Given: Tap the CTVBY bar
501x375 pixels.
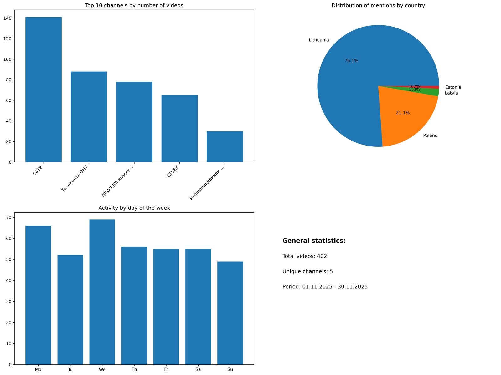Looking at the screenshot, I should pyautogui.click(x=179, y=129).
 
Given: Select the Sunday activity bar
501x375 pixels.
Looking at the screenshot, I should pyautogui.click(x=230, y=313).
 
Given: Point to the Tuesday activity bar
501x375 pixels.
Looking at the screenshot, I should pyautogui.click(x=70, y=310).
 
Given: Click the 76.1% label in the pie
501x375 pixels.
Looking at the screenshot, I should pyautogui.click(x=351, y=61).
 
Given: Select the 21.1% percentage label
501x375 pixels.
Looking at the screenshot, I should pyautogui.click(x=403, y=113).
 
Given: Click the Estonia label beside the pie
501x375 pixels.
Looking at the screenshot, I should pyautogui.click(x=453, y=87).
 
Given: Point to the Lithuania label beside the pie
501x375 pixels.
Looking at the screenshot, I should pyautogui.click(x=319, y=40).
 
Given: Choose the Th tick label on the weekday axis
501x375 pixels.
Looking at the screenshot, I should pyautogui.click(x=134, y=370).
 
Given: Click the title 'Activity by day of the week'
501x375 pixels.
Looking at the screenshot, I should pyautogui.click(x=134, y=208).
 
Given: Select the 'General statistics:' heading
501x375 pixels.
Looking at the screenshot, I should pyautogui.click(x=314, y=241).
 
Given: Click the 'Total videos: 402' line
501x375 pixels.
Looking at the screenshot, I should pyautogui.click(x=304, y=256).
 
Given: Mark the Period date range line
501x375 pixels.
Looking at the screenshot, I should pyautogui.click(x=325, y=287).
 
